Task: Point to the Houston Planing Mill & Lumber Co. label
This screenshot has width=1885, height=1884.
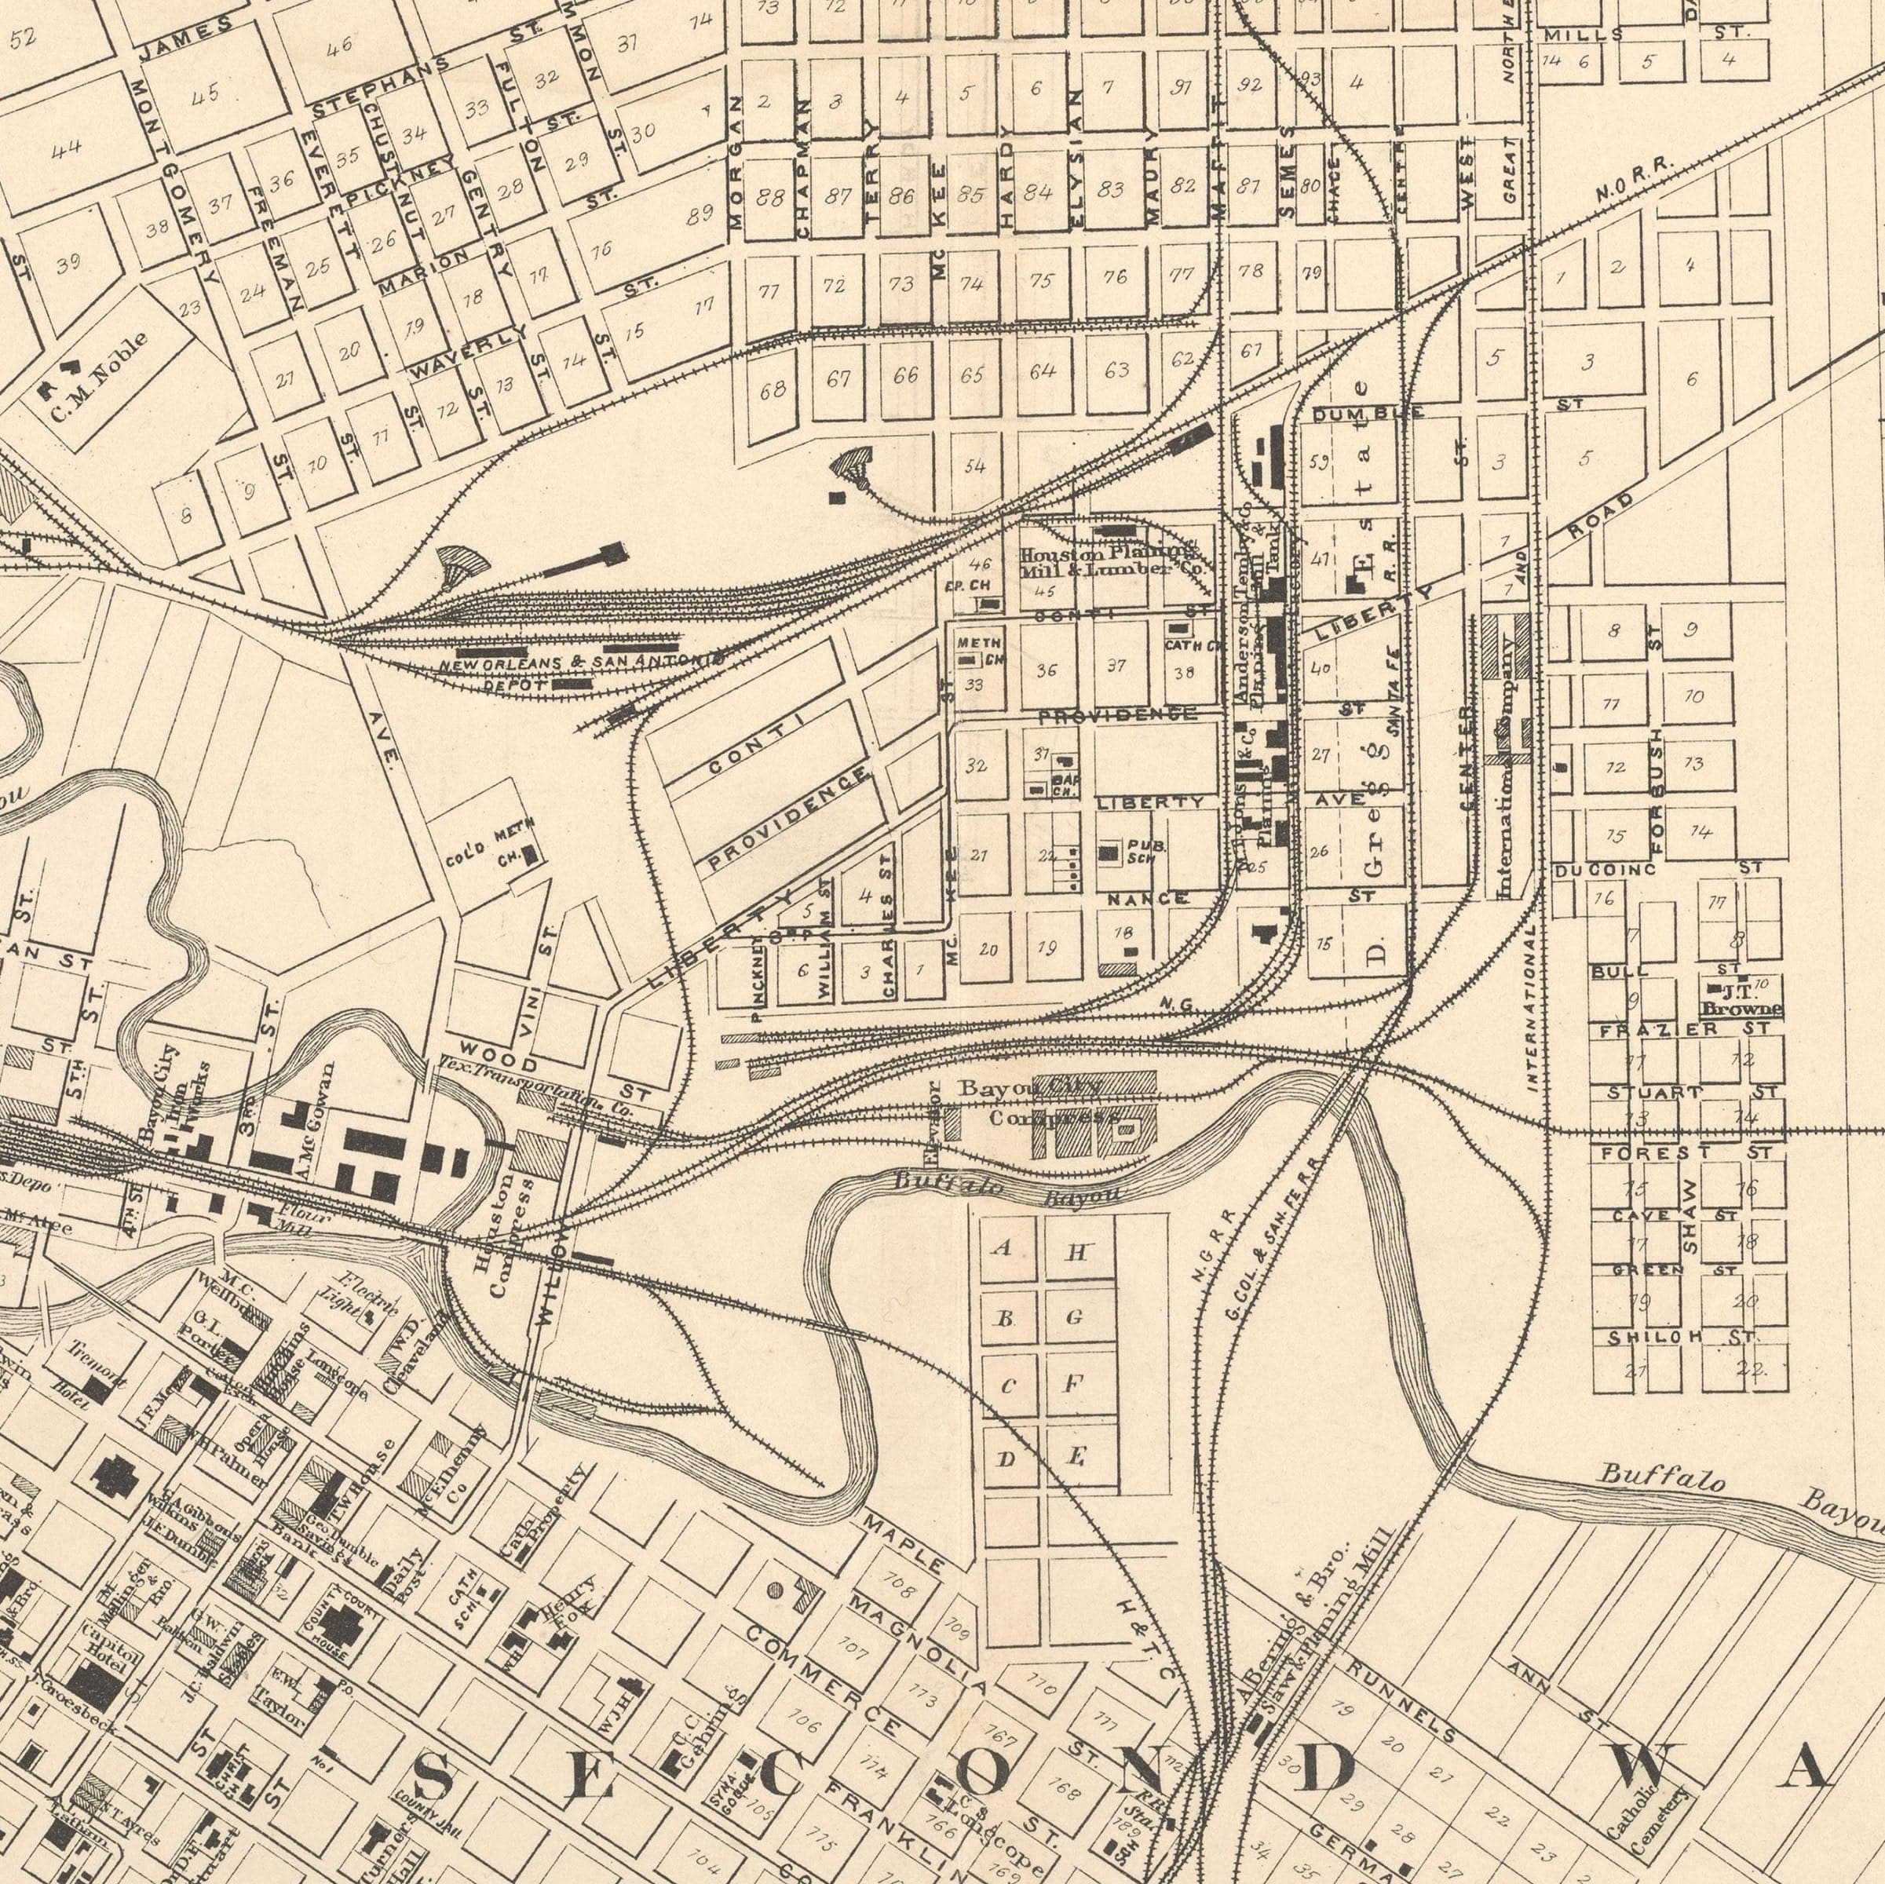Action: coord(1110,562)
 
